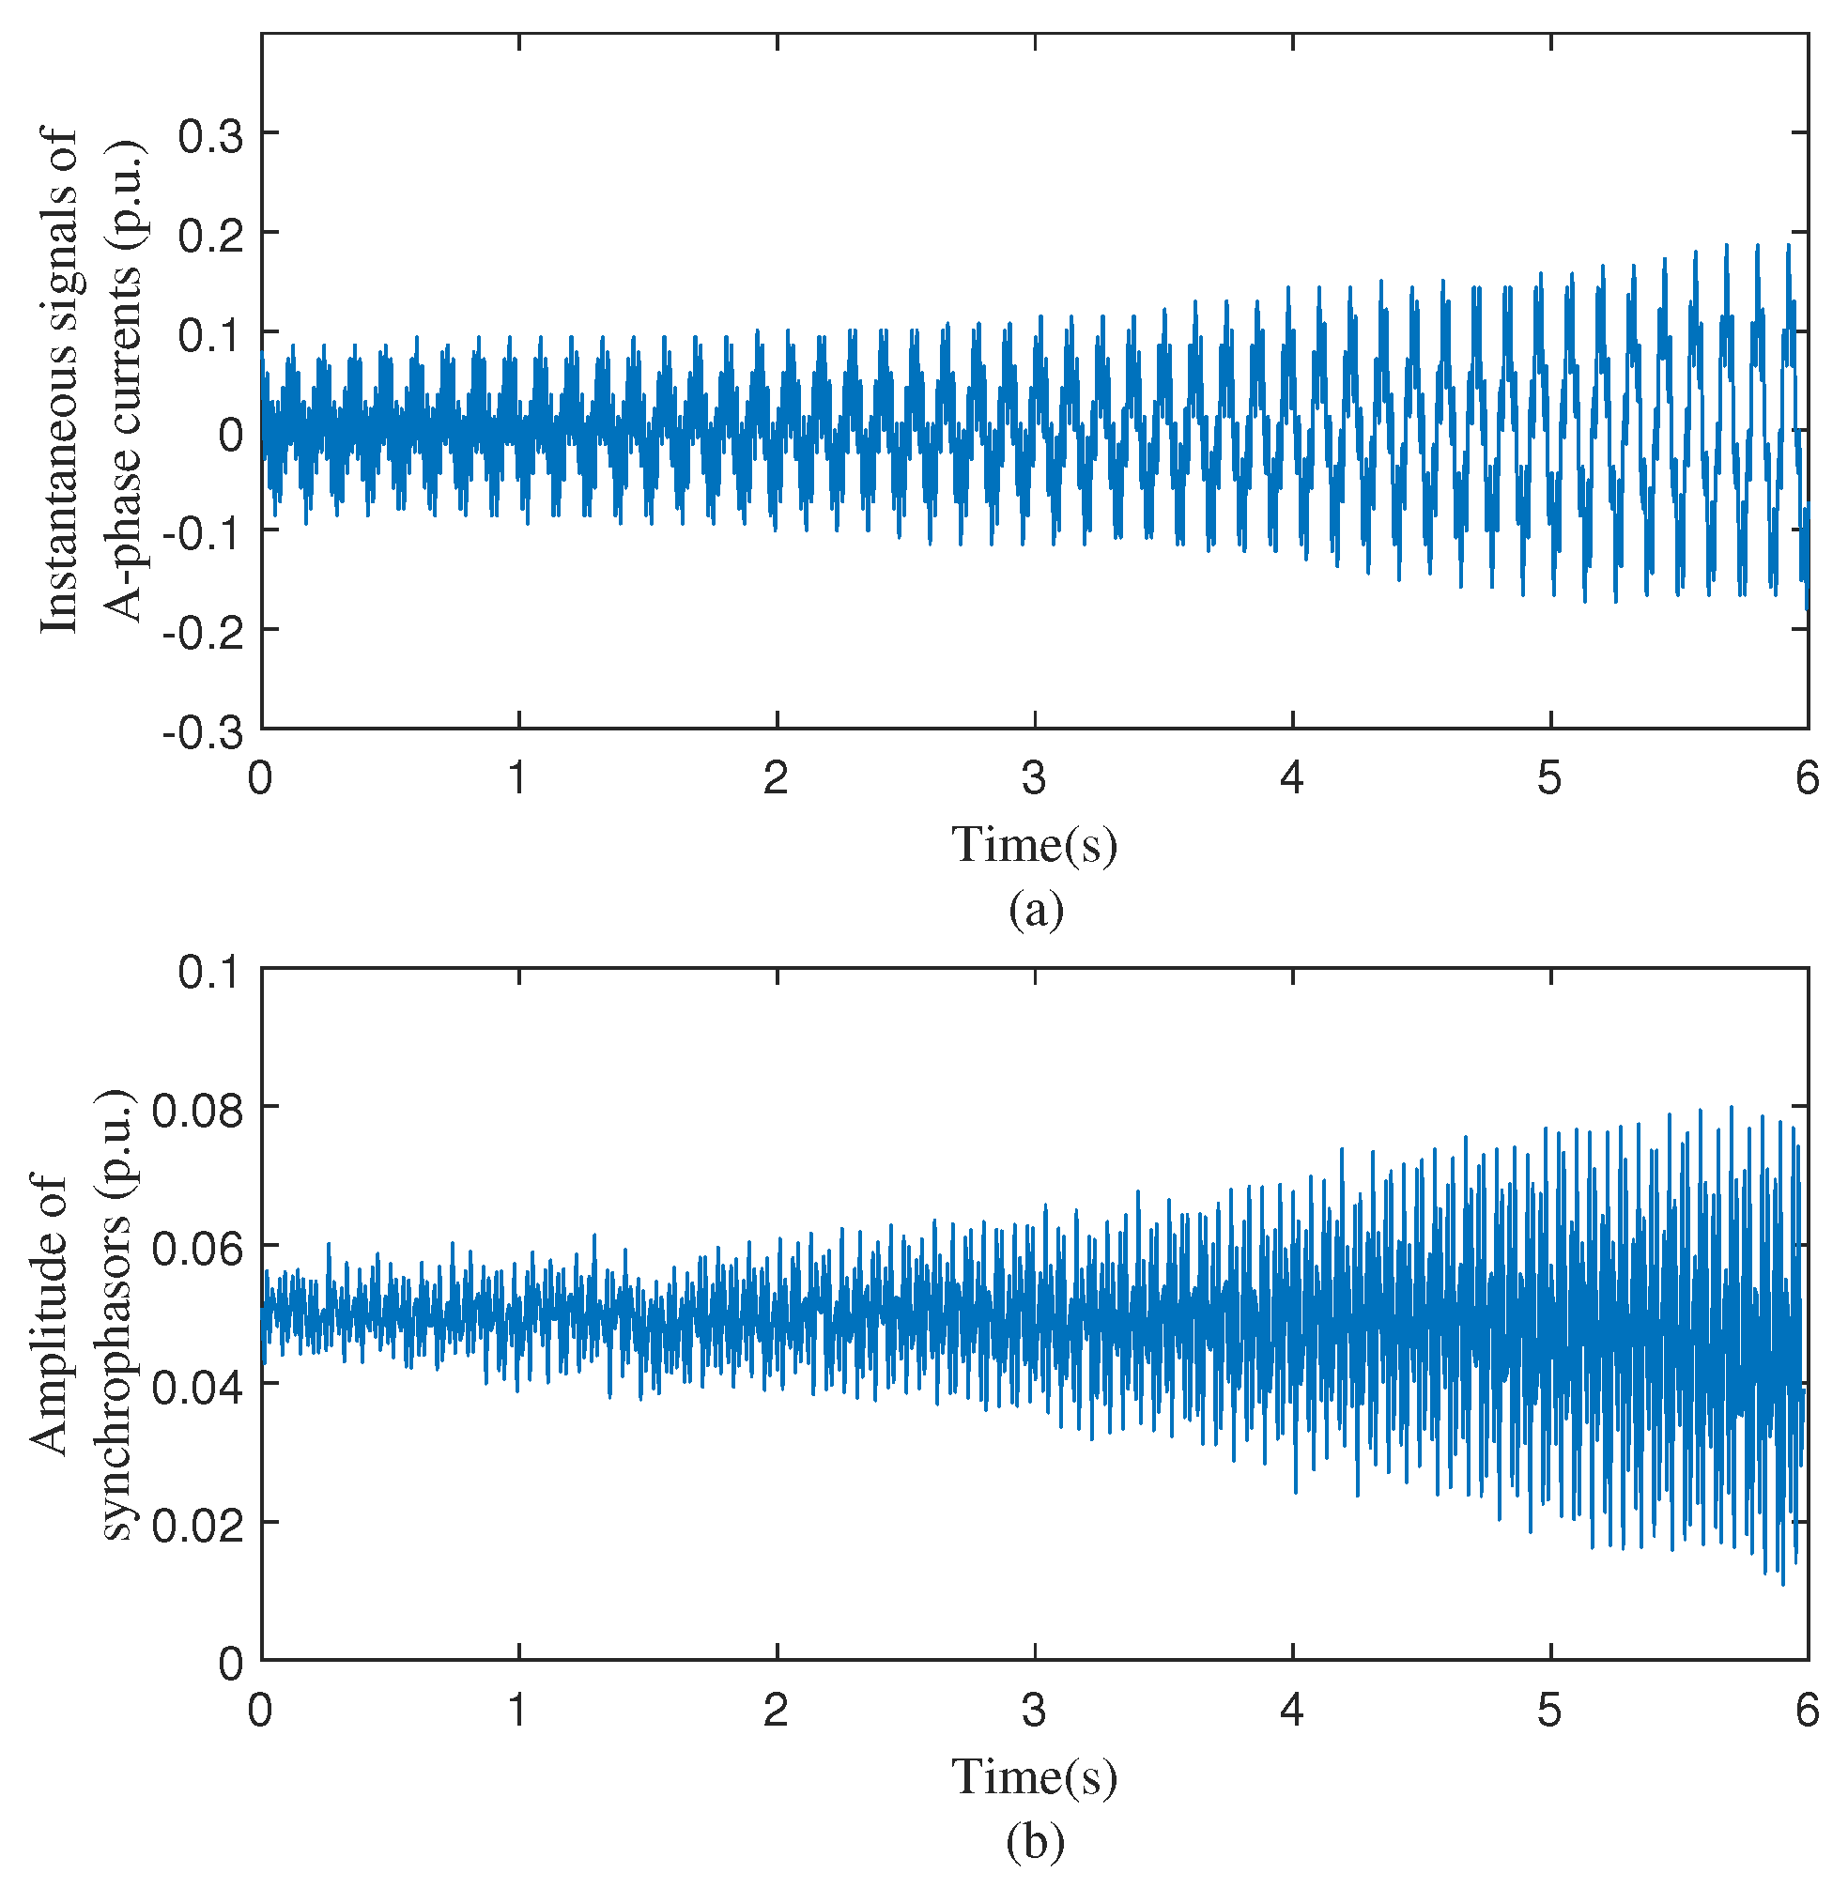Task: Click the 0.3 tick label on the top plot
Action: [209, 137]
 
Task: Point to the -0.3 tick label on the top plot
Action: [203, 733]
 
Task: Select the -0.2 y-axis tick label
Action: [203, 634]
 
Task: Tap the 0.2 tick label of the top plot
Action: [209, 237]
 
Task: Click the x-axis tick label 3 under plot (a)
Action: [1034, 778]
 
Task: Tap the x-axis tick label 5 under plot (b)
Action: [1549, 1711]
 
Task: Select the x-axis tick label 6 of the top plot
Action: [1807, 778]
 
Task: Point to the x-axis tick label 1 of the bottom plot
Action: [517, 1711]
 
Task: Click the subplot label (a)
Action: [1036, 911]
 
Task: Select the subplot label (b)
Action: [1036, 1841]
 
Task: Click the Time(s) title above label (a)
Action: [1034, 844]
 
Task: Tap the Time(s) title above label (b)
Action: [1034, 1775]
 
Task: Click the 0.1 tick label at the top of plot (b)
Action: [209, 972]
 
